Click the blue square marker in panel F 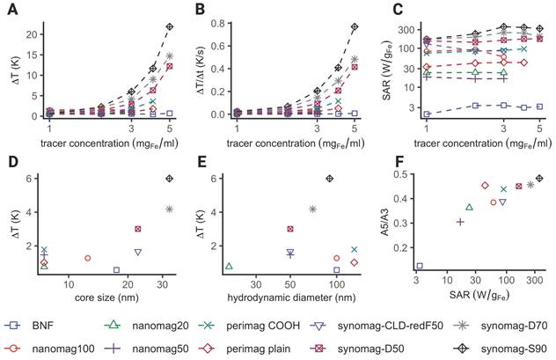click(x=419, y=265)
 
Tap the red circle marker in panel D click(x=88, y=258)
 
